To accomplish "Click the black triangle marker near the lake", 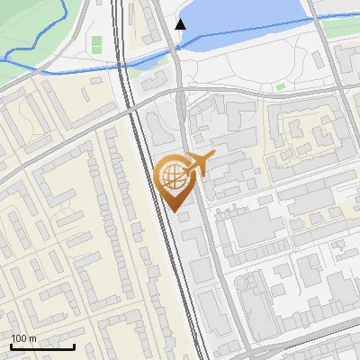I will pyautogui.click(x=181, y=24).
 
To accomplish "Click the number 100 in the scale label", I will pyautogui.click(x=18, y=338).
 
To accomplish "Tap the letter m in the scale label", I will pyautogui.click(x=32, y=338).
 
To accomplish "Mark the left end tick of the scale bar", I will pyautogui.click(x=11, y=346).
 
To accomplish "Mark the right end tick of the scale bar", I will pyautogui.click(x=75, y=346).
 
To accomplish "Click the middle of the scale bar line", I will pyautogui.click(x=42, y=347).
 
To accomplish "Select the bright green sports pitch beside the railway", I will pyautogui.click(x=96, y=44).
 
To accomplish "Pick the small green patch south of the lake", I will pyautogui.click(x=281, y=86).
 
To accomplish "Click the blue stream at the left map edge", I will pyautogui.click(x=4, y=58).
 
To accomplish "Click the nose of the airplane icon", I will pyautogui.click(x=212, y=157).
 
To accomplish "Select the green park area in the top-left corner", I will pyautogui.click(x=36, y=27).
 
